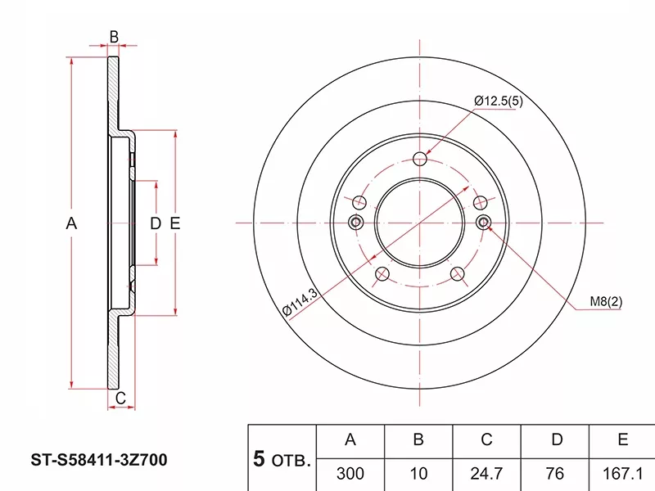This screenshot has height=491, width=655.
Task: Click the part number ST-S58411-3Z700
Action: pyautogui.click(x=99, y=461)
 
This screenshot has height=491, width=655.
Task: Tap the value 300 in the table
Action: pyautogui.click(x=350, y=473)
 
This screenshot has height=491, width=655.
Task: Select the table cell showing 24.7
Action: pyautogui.click(x=486, y=473)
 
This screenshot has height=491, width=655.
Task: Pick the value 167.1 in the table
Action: pyautogui.click(x=623, y=473)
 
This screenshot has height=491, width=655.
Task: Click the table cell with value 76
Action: pyautogui.click(x=556, y=473)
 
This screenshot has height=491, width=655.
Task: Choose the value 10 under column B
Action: pyautogui.click(x=418, y=473)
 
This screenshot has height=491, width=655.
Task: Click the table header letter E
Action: pyautogui.click(x=623, y=440)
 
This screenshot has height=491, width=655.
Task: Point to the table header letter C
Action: pyautogui.click(x=486, y=440)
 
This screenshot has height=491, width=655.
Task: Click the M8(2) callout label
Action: pyautogui.click(x=607, y=302)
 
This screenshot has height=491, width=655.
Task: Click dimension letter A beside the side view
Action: pyautogui.click(x=71, y=223)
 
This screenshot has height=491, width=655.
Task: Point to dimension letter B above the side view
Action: pyautogui.click(x=115, y=36)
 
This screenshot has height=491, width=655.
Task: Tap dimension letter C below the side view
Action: pyautogui.click(x=120, y=399)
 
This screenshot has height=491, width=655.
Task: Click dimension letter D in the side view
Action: pyautogui.click(x=153, y=223)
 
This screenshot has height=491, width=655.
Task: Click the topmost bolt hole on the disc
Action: pyautogui.click(x=420, y=158)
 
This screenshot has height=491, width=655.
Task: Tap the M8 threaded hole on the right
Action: pyautogui.click(x=483, y=222)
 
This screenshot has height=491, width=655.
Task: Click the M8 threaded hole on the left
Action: pyautogui.click(x=356, y=222)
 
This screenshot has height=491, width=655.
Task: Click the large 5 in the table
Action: pyautogui.click(x=260, y=459)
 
